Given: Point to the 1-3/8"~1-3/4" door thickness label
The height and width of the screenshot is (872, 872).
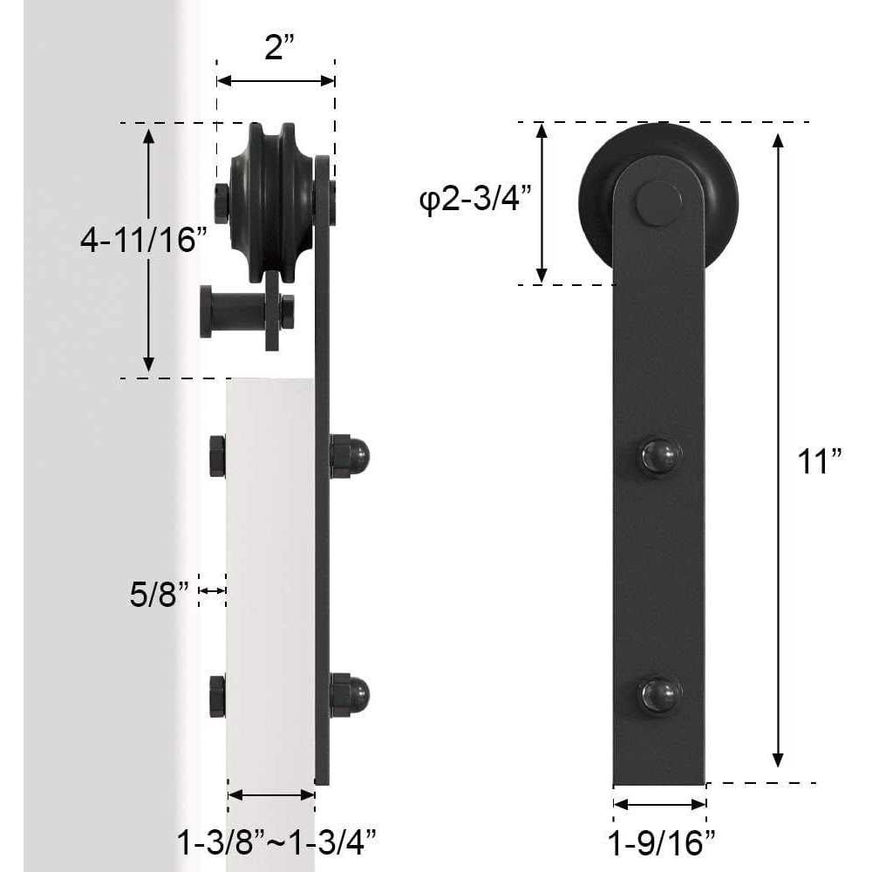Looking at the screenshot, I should tap(276, 842).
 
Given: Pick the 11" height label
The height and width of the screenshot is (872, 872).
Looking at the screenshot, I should tap(819, 460).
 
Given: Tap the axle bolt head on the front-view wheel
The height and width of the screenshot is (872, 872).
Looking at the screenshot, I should tap(658, 204).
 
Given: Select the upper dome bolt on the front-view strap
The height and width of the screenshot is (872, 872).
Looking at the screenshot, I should tap(658, 456).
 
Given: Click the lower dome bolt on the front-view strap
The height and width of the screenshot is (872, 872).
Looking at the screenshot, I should tap(658, 694).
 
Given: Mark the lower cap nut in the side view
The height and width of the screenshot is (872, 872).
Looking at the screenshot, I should tap(351, 694).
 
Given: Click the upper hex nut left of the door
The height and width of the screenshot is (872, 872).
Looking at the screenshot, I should tap(217, 456).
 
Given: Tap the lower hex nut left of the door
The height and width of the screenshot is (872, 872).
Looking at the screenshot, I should tap(217, 695).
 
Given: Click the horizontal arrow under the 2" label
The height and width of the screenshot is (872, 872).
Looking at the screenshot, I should tap(276, 81).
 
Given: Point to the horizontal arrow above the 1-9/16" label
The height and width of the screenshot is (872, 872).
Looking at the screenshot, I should tap(659, 804).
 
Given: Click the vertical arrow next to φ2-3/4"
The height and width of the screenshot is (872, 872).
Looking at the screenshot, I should tap(542, 202).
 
